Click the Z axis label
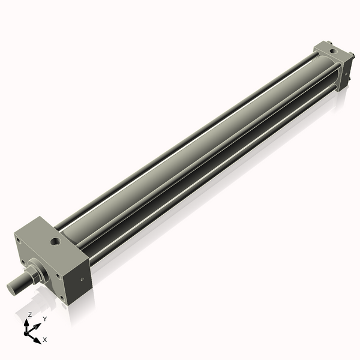click(x=30, y=314)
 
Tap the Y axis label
click(x=44, y=319)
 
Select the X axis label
click(x=45, y=340)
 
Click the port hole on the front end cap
click(x=55, y=242)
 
